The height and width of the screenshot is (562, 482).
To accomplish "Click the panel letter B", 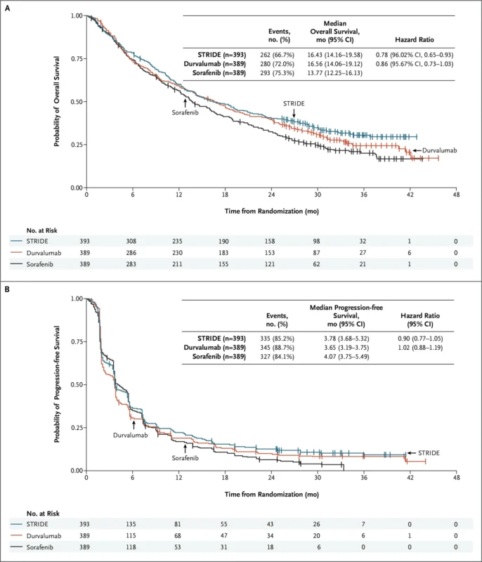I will tap(7, 289).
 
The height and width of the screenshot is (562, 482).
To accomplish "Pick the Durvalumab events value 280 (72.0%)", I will tap(279, 63).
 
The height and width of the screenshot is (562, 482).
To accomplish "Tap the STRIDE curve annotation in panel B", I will tap(429, 453).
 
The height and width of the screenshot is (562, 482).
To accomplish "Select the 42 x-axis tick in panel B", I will tap(410, 477).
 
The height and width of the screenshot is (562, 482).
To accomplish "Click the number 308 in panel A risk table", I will tap(132, 241).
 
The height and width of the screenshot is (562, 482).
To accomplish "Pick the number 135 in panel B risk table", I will tap(132, 524).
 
